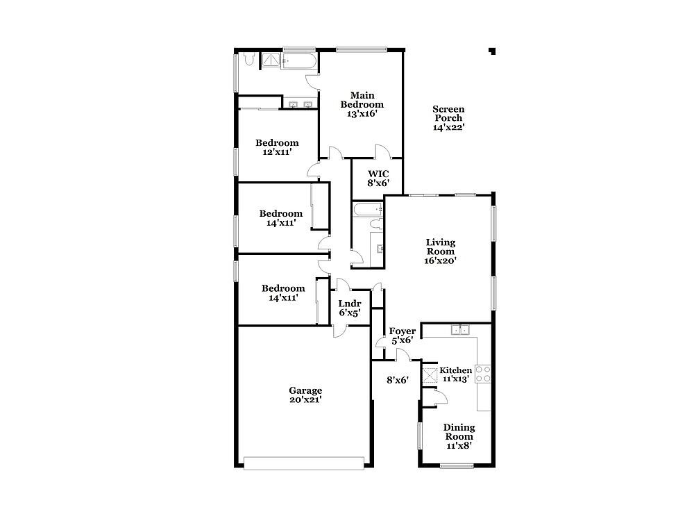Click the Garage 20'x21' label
(x=305, y=395)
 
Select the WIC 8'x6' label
(x=378, y=178)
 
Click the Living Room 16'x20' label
(x=441, y=251)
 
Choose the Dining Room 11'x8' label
(x=459, y=436)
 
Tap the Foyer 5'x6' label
(x=403, y=336)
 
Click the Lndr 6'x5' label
(x=350, y=308)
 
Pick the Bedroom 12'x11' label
(x=277, y=147)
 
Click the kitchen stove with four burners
(x=483, y=374)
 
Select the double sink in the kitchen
(x=460, y=329)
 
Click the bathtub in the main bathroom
(x=298, y=61)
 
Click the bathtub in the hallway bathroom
(x=367, y=209)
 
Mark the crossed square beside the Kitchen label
(x=430, y=376)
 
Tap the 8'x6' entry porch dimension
(x=398, y=380)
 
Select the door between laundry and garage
(x=340, y=331)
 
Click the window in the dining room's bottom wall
(x=457, y=465)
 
